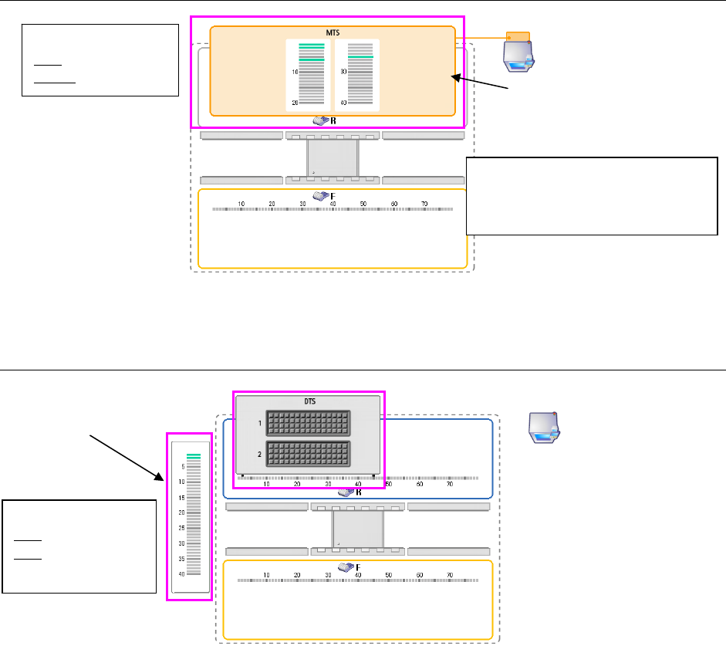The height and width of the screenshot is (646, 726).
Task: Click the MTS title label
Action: [x=333, y=32]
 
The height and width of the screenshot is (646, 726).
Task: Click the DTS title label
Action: [x=308, y=401]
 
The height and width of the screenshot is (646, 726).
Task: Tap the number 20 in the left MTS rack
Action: [x=294, y=103]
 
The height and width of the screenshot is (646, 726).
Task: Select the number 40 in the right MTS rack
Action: [x=343, y=103]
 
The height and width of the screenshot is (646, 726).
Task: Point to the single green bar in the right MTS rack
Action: [x=360, y=57]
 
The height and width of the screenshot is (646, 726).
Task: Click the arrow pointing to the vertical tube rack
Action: [x=127, y=455]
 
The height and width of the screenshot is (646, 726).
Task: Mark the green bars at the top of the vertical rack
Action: [x=193, y=456]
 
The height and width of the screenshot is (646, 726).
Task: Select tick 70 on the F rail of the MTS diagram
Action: [x=424, y=204]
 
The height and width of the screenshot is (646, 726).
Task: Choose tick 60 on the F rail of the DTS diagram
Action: [x=419, y=574]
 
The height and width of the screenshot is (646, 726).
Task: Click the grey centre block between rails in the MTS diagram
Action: [x=333, y=157]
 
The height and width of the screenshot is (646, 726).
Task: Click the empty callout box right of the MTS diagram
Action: [x=593, y=195]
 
